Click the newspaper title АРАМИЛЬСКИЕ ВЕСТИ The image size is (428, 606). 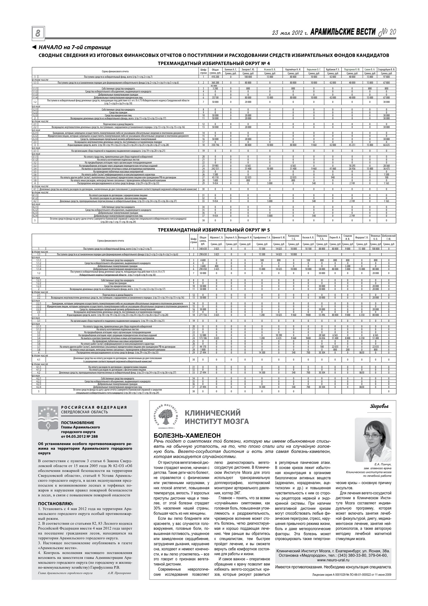tap(343, 32)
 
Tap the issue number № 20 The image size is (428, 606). tap(387, 32)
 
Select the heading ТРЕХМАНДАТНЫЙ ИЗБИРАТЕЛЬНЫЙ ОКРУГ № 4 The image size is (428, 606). tap(214, 63)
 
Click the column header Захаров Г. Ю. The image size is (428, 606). tap(248, 69)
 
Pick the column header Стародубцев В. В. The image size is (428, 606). tap(386, 69)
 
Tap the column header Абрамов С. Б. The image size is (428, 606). tap(216, 237)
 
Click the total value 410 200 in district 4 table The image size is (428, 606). tap(215, 77)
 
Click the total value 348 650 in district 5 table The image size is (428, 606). tap(203, 249)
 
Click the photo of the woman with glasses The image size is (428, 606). tap(373, 440)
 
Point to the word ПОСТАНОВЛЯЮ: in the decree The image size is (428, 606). tap(56, 504)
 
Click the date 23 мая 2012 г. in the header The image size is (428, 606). tap(290, 33)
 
